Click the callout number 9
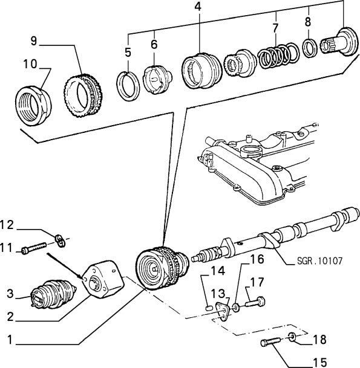coord(34,41)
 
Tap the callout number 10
coord(30,63)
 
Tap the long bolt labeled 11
coord(37,248)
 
